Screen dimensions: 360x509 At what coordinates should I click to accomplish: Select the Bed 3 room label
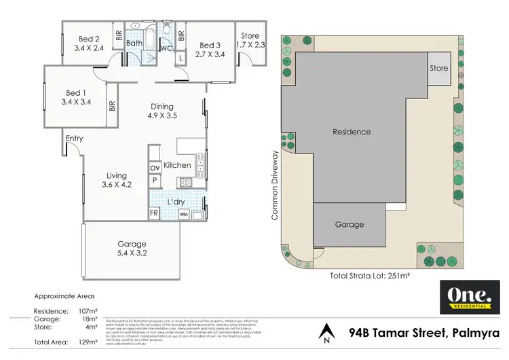(209, 45)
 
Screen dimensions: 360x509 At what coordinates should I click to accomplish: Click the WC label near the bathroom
(165, 48)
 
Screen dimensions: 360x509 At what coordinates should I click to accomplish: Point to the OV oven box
(154, 167)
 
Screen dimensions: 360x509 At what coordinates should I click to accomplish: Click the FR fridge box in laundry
(154, 213)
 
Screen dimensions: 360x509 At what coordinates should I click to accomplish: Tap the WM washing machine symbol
(183, 214)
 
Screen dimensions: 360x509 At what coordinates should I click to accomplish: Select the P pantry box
(154, 181)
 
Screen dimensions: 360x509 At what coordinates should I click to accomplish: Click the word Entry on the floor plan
(75, 139)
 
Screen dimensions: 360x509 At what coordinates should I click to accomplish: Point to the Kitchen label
(177, 165)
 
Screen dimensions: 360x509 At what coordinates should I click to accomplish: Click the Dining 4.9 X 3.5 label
(162, 111)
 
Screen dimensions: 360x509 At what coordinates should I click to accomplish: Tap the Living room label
(116, 176)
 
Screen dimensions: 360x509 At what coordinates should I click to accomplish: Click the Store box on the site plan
(438, 69)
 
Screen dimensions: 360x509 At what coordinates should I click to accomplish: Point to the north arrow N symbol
(328, 333)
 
